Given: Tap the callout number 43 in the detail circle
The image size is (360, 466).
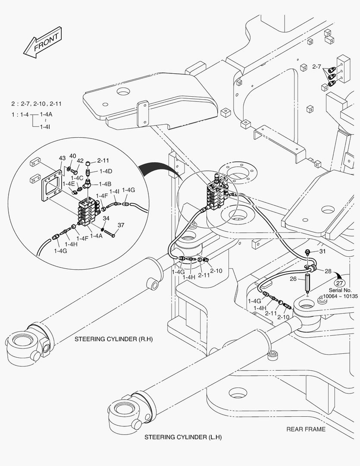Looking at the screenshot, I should point(62,158).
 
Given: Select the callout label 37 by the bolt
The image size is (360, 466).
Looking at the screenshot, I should point(121,225).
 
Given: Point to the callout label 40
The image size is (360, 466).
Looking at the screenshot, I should point(72,156).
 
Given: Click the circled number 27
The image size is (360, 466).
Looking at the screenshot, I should point(340,283).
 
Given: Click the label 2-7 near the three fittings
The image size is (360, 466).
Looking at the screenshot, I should point(316,67).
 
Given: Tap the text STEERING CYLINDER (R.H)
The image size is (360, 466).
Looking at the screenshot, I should point(113,339).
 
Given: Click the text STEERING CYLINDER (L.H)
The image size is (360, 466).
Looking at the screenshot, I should point(183,437).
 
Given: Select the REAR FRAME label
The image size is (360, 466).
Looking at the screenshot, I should point(306,429).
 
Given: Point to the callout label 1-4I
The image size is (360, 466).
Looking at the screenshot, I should point(114,191).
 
